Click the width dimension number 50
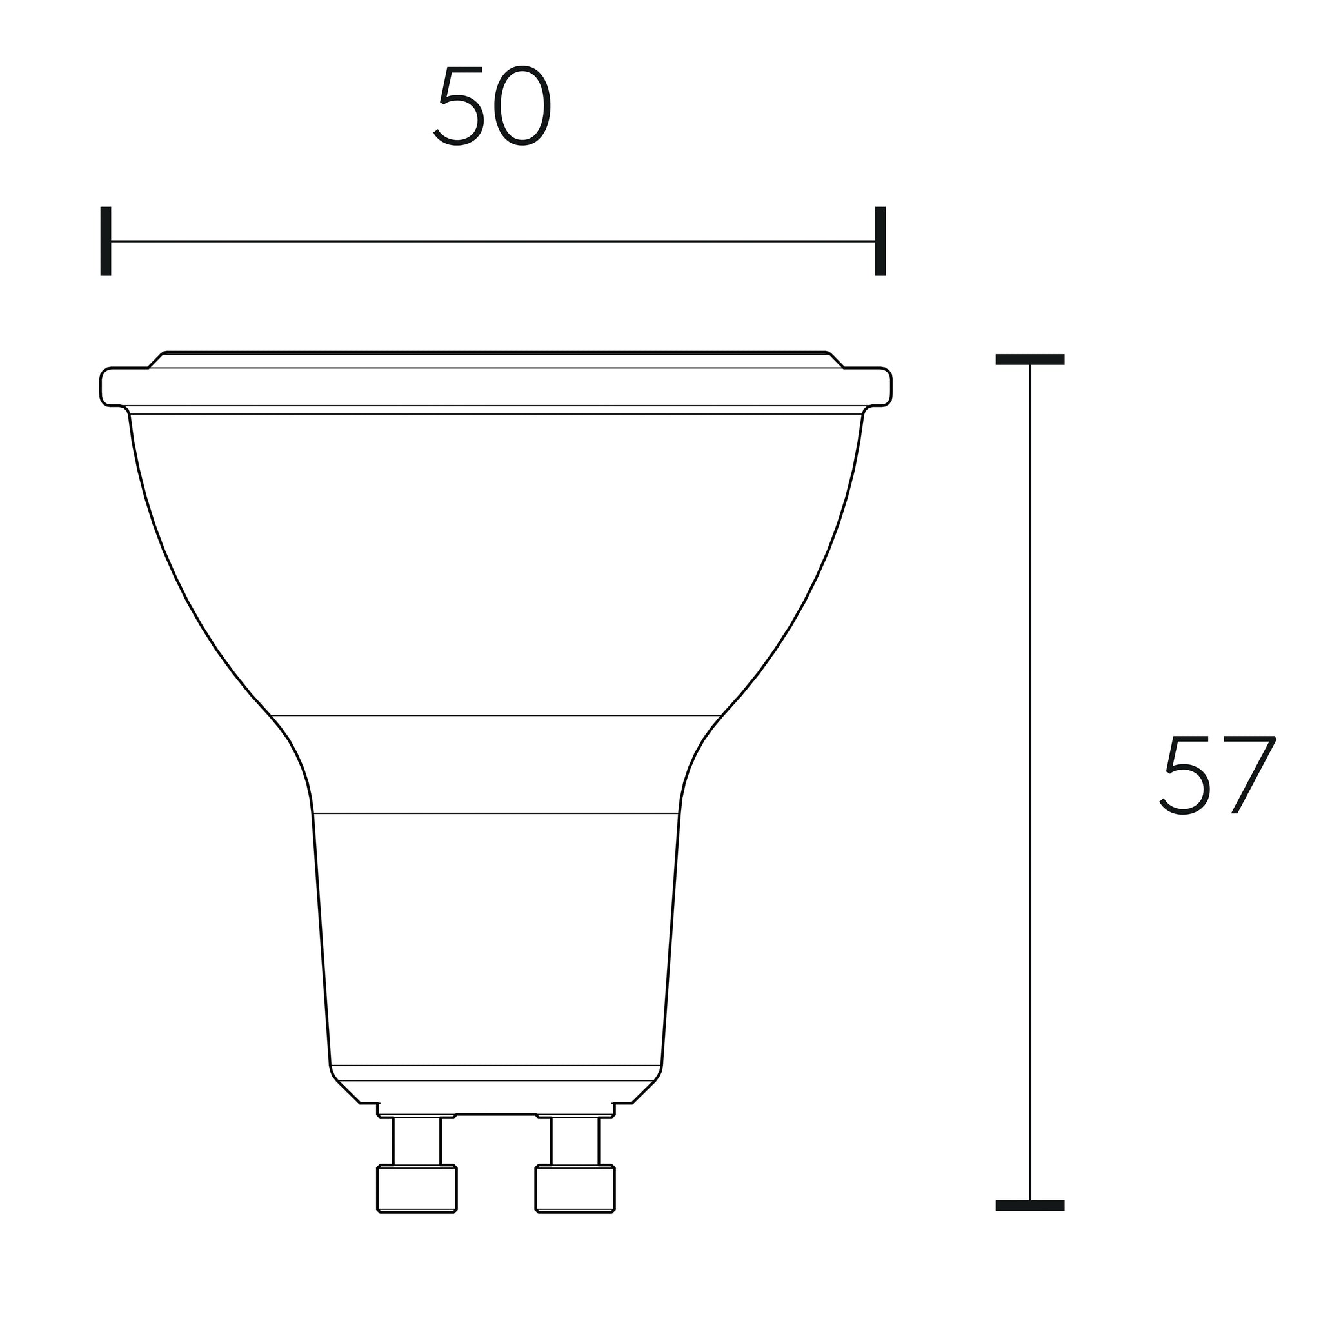pos(492,105)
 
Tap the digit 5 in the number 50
pos(460,105)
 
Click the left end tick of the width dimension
pos(105,241)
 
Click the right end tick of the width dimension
pos(880,241)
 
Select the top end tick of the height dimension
pos(1029,360)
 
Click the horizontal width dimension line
pos(492,241)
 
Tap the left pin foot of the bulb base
pos(417,1189)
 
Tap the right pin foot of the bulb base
pos(575,1189)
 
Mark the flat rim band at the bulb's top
pos(496,387)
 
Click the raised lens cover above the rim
pos(496,360)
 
